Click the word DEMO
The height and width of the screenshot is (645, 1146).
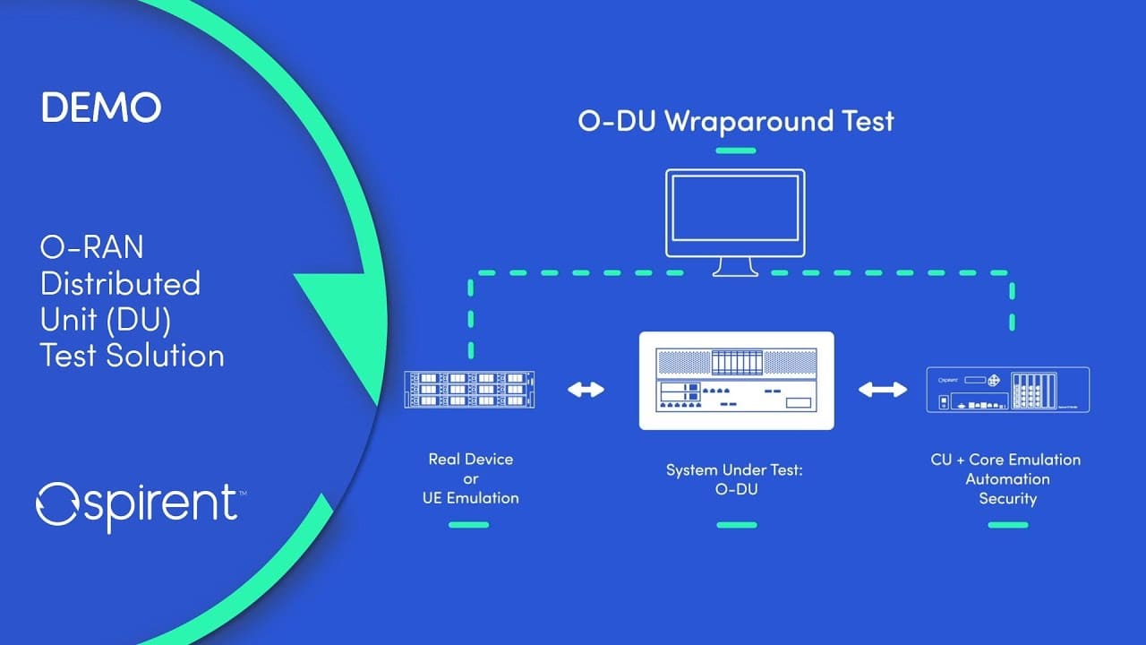101,107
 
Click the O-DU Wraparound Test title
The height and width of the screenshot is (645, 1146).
736,122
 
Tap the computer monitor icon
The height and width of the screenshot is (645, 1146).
735,222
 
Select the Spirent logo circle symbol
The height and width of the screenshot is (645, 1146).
56,504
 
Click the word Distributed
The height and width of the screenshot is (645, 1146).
120,283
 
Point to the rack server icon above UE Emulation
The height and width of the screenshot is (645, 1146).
470,390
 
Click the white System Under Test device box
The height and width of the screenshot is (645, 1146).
736,381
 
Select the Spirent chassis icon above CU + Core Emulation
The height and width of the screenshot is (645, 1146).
1008,390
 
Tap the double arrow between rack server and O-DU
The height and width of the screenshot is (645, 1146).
586,390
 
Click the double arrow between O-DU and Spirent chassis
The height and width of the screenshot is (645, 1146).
883,390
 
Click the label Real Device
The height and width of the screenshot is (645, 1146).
471,460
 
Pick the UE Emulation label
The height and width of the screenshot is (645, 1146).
471,498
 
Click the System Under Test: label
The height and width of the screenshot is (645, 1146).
735,470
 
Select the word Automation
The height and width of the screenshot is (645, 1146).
1008,479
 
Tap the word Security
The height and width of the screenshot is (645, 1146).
1008,499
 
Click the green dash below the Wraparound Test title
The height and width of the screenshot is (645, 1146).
736,150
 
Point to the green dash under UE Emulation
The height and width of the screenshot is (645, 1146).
468,525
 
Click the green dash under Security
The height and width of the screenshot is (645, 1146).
1008,525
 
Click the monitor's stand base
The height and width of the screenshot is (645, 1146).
735,273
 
